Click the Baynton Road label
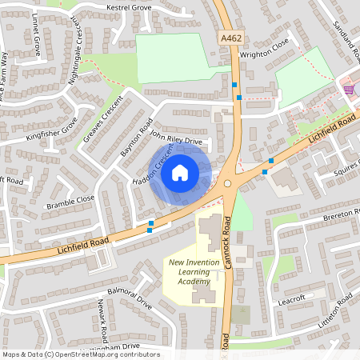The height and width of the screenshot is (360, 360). click(136, 138)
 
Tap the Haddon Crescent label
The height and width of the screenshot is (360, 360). click(153, 170)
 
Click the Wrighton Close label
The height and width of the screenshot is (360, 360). click(264, 55)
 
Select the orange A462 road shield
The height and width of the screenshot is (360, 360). click(229, 38)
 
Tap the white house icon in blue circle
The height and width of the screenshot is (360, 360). click(180, 172)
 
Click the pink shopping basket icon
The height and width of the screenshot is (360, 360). click(348, 90)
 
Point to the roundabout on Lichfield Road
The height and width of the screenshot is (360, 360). click(228, 183)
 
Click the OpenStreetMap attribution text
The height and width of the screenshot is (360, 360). click(80, 354)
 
